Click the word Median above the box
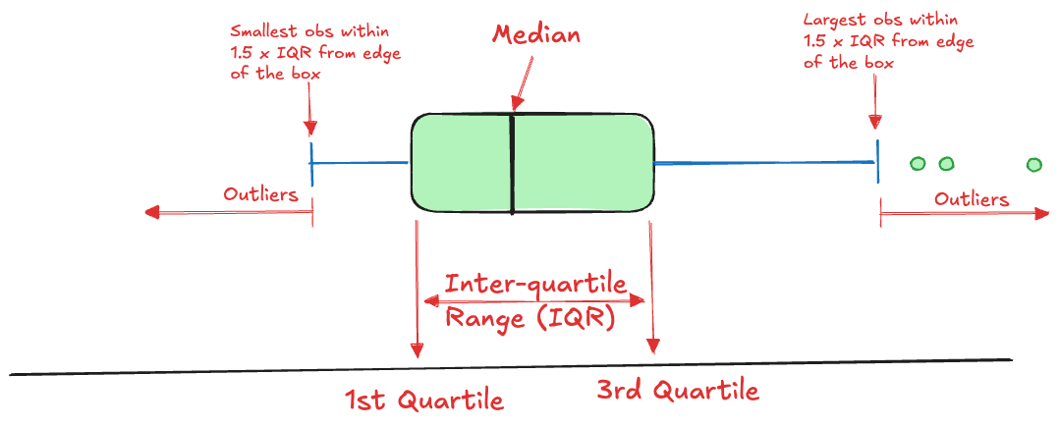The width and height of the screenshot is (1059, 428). pyautogui.click(x=535, y=35)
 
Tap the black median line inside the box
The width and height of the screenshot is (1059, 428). pyautogui.click(x=513, y=164)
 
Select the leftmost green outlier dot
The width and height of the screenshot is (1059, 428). pyautogui.click(x=918, y=163)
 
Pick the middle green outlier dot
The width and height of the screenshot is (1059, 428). pyautogui.click(x=947, y=163)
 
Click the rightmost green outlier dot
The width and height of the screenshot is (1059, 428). pyautogui.click(x=1034, y=164)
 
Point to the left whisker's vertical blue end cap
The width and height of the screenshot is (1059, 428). pyautogui.click(x=311, y=164)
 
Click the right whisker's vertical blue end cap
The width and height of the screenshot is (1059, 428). pyautogui.click(x=878, y=161)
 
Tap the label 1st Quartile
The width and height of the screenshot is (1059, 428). pyautogui.click(x=424, y=401)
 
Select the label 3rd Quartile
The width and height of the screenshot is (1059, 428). pyautogui.click(x=678, y=390)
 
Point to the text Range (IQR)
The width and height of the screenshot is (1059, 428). pyautogui.click(x=530, y=318)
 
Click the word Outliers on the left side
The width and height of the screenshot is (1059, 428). pyautogui.click(x=260, y=195)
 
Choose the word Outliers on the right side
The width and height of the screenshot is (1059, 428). pyautogui.click(x=972, y=199)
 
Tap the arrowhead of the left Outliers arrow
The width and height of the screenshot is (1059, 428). pyautogui.click(x=152, y=213)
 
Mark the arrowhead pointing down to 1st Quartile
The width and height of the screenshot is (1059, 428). pyautogui.click(x=418, y=350)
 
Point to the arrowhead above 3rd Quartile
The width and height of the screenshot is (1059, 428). pyautogui.click(x=652, y=347)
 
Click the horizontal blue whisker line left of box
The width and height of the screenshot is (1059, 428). pyautogui.click(x=360, y=163)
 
